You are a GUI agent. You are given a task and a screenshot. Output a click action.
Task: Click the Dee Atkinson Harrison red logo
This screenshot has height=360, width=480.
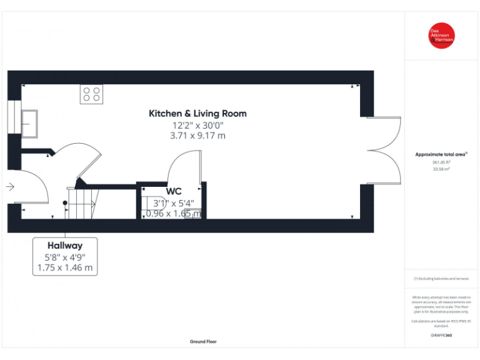[x=441, y=36]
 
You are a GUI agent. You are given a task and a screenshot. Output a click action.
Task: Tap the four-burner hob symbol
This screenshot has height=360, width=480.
[x=91, y=94]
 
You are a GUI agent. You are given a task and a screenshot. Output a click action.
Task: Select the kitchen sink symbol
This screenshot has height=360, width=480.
[x=29, y=122]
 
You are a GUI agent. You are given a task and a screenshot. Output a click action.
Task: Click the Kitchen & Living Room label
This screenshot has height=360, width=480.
[x=197, y=114]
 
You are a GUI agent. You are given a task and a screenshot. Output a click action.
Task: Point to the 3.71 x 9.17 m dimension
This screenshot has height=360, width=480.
[x=197, y=136]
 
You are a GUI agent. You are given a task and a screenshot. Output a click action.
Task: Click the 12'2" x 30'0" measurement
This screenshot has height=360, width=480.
[x=197, y=125]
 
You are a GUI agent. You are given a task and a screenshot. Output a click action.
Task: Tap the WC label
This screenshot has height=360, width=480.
[x=174, y=191]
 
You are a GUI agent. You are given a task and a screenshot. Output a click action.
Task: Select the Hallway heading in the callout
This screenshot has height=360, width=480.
[x=65, y=246]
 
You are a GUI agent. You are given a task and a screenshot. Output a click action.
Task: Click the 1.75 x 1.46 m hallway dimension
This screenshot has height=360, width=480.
[x=65, y=268]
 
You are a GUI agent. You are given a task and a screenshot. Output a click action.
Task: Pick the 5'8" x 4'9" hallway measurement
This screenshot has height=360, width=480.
[x=65, y=257]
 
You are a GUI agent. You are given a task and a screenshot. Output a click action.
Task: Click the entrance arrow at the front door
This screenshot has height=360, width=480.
[x=10, y=186]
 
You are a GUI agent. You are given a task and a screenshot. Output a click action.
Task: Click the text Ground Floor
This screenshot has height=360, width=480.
[x=204, y=342]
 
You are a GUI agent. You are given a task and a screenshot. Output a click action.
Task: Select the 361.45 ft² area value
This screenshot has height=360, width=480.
[x=441, y=162]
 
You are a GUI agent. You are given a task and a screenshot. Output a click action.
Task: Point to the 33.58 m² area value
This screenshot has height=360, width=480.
[x=441, y=169]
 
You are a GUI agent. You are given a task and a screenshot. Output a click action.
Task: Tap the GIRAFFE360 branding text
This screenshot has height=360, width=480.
[x=441, y=336]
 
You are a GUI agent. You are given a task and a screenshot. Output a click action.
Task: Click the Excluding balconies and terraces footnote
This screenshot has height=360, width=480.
[x=441, y=279]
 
